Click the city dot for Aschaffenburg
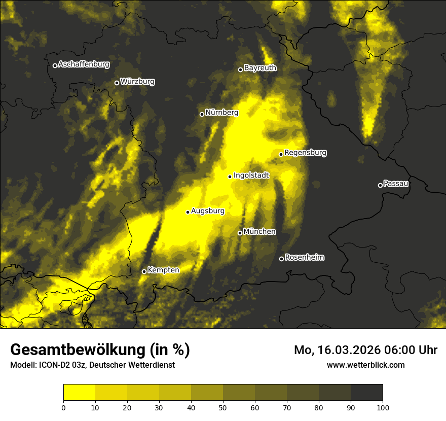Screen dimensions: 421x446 pyautogui.click(x=55, y=65)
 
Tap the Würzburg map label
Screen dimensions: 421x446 pyautogui.click(x=137, y=82)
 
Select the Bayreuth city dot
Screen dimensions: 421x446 pyautogui.click(x=240, y=69)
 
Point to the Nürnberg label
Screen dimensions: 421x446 pyautogui.click(x=221, y=113)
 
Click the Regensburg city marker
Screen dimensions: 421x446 pyautogui.click(x=281, y=154)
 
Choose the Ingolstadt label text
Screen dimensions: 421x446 pyautogui.click(x=251, y=176)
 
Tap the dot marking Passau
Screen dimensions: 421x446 pyautogui.click(x=380, y=185)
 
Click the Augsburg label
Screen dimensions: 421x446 pyautogui.click(x=207, y=211)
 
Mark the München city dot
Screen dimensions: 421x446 pyautogui.click(x=240, y=233)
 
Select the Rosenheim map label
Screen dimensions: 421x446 pyautogui.click(x=304, y=258)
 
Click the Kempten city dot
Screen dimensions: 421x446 pyautogui.click(x=144, y=271)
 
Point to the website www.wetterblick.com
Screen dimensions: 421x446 pyautogui.click(x=366, y=365)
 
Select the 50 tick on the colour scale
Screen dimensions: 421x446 pyautogui.click(x=223, y=407)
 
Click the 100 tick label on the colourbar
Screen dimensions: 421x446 pyautogui.click(x=383, y=407)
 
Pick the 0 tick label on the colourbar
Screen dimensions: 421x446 pyautogui.click(x=63, y=407)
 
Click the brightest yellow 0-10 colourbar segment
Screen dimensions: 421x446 pyautogui.click(x=79, y=393)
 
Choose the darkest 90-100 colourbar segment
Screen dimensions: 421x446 pyautogui.click(x=366, y=393)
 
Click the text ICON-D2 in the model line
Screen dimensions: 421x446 pyautogui.click(x=53, y=365)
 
